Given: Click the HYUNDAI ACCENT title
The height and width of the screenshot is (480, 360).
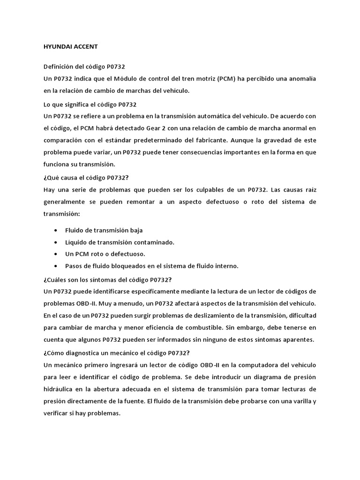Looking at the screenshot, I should pyautogui.click(x=70, y=47).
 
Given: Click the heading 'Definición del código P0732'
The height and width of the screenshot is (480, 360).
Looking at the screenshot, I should pyautogui.click(x=84, y=67).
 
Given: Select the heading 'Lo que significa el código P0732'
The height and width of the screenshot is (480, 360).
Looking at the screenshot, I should pyautogui.click(x=90, y=104).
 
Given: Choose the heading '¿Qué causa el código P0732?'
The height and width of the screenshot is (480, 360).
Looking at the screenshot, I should pyautogui.click(x=86, y=178).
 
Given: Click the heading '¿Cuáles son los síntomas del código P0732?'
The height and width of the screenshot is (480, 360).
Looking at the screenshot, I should pyautogui.click(x=107, y=280).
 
